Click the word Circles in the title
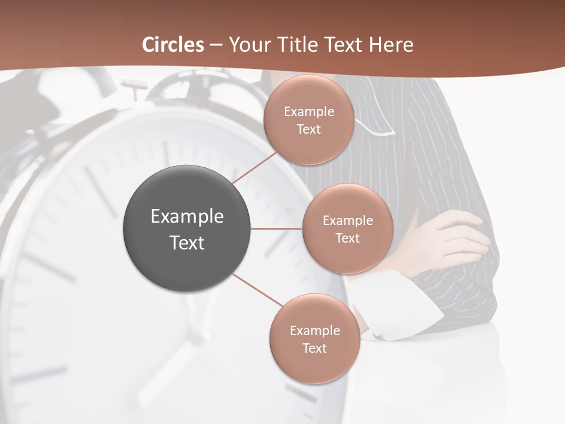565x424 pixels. tap(173, 45)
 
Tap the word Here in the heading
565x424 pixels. tap(391, 45)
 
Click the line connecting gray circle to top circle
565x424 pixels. tap(255, 167)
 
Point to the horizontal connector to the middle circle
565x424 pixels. tap(277, 228)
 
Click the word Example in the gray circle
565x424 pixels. tap(187, 217)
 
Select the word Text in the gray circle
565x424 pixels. tap(187, 243)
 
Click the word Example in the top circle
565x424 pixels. tap(308, 111)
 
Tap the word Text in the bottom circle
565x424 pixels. tap(314, 348)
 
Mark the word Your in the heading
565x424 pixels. tap(247, 45)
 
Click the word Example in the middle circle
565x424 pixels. tap(347, 220)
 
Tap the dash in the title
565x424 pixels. tap(216, 45)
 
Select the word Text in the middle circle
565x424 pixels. tap(347, 238)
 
